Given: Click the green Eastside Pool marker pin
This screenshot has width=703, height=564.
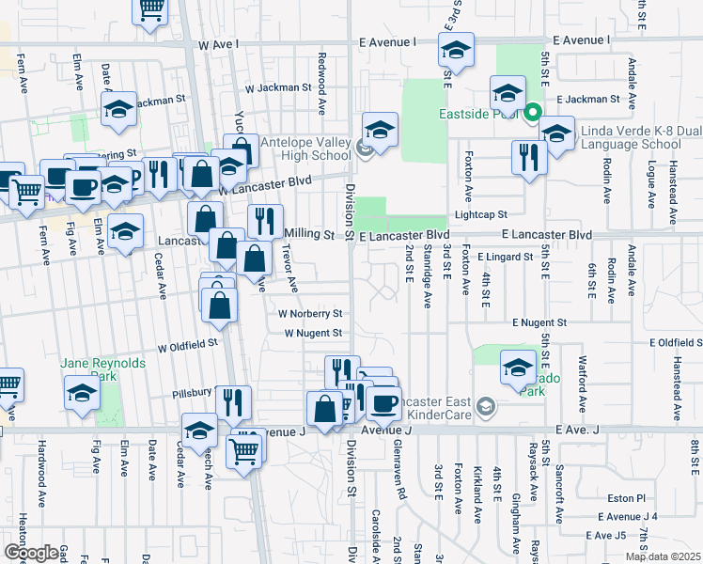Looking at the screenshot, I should point(532,114).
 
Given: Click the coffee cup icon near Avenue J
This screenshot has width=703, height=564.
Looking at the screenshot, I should point(383,403).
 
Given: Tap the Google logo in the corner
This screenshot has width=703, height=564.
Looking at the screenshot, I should point(31,553).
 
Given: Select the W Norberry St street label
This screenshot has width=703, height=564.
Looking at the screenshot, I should point(310,313).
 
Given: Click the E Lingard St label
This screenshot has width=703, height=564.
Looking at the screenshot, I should point(506,256).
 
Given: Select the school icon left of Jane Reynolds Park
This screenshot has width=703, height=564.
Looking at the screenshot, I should point(82,393).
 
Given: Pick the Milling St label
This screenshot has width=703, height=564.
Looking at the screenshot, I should point(309,233).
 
